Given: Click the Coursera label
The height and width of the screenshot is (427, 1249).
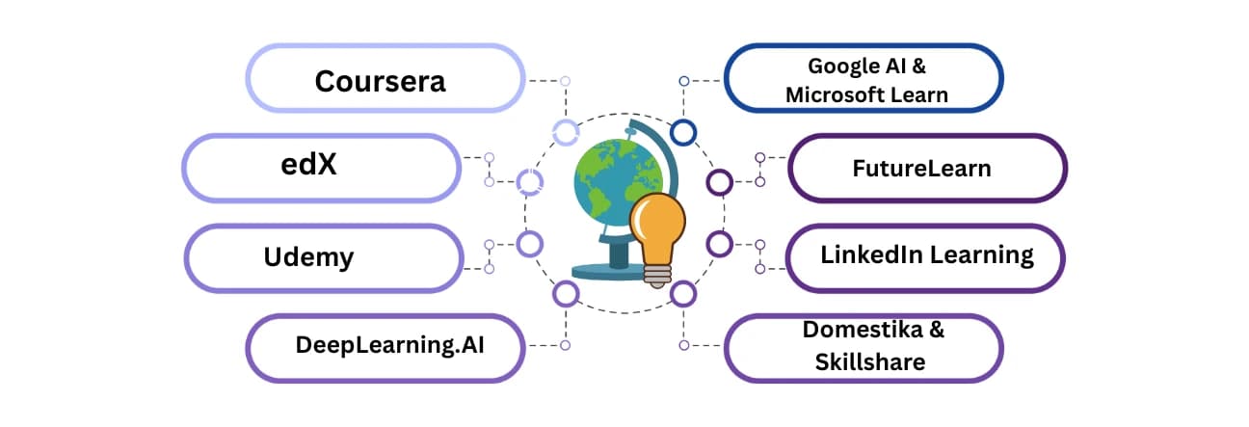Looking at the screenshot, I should (x=380, y=81).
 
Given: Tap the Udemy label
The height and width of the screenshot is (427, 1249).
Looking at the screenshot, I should (x=308, y=257).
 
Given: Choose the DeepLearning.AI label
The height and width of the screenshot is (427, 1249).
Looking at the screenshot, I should (x=389, y=345).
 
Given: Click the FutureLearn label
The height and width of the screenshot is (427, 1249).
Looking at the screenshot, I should (x=921, y=169).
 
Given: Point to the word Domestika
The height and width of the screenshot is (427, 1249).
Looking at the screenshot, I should (x=874, y=330).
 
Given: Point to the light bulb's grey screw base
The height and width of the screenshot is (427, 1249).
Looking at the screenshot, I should (x=656, y=275).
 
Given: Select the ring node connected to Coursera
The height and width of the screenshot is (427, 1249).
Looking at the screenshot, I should (x=565, y=131).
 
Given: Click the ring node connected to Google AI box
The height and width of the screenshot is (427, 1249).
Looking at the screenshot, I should (x=683, y=131).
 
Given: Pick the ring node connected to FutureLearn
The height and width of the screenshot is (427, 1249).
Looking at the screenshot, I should (x=719, y=181).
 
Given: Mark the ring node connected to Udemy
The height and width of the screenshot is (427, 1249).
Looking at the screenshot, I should (x=529, y=244).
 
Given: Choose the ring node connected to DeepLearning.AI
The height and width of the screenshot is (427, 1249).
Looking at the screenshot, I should (x=565, y=292).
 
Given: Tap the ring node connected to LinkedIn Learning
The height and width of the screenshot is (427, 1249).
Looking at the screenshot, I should (x=719, y=244).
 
